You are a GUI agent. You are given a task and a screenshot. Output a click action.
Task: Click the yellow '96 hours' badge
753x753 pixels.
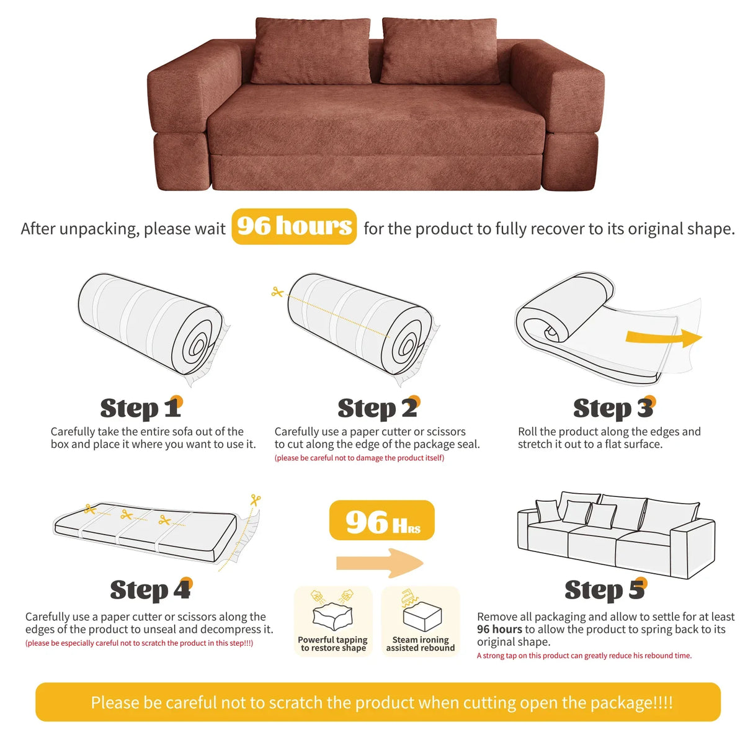tap(294, 226)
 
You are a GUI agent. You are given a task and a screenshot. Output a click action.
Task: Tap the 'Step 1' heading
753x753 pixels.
tap(141, 408)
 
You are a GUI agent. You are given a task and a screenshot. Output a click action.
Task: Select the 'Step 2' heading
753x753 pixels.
tap(378, 408)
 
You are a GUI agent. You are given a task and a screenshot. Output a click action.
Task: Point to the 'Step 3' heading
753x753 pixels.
tap(613, 408)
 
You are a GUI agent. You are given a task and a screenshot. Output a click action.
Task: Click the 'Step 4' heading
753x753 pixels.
tap(151, 590)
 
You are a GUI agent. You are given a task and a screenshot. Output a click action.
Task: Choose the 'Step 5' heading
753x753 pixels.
tap(605, 590)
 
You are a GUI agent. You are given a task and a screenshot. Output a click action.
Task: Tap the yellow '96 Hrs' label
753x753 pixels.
tap(381, 521)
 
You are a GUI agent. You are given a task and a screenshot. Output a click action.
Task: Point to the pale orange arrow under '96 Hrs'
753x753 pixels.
tap(380, 563)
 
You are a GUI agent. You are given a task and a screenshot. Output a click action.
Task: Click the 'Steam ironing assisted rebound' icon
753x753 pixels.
tap(421, 611)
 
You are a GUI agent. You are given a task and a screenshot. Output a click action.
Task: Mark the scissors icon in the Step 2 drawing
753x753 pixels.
tap(277, 292)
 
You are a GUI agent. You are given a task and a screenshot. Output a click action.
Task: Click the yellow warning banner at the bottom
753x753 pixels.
tap(378, 702)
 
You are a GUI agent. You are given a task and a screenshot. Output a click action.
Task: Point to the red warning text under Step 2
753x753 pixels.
tap(359, 458)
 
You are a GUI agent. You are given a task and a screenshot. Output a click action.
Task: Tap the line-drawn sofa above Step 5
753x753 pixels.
tap(615, 533)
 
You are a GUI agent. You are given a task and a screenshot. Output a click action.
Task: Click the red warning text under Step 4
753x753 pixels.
tap(139, 643)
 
